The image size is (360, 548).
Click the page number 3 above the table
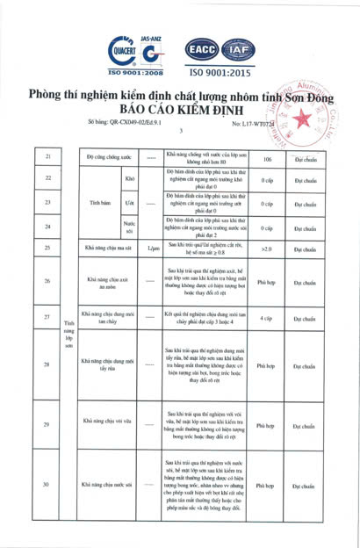[x=180, y=133]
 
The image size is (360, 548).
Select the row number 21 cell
[x=46, y=159]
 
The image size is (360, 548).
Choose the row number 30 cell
[x=46, y=484]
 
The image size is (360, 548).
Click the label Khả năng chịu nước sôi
[x=106, y=484]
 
